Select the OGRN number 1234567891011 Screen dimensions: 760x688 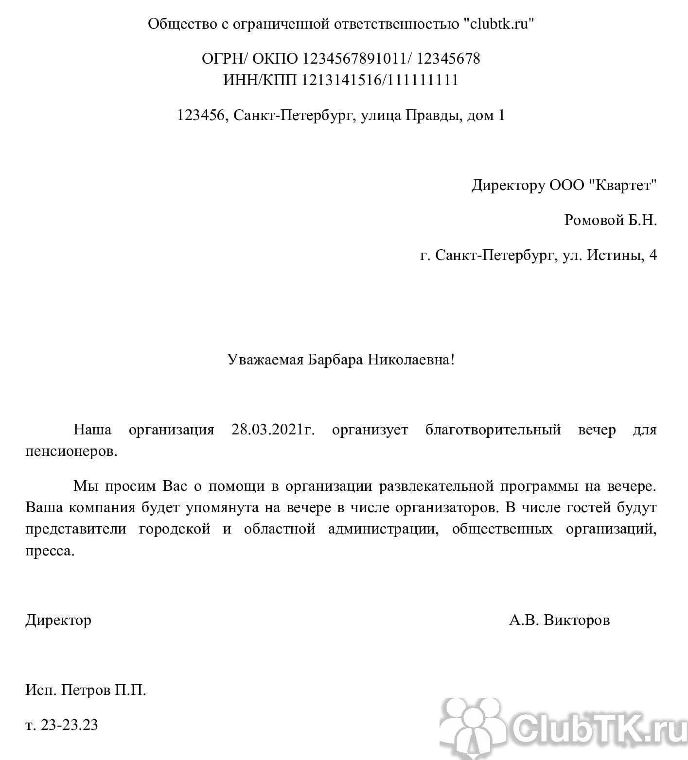click(354, 59)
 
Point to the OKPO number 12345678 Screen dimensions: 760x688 click(448, 59)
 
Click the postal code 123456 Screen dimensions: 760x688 click(201, 115)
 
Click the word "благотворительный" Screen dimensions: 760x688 click(493, 430)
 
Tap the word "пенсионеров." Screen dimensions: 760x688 click(71, 451)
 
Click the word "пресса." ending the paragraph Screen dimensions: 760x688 click(51, 552)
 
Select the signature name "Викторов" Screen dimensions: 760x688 click(577, 620)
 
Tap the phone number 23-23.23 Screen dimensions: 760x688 click(70, 725)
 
